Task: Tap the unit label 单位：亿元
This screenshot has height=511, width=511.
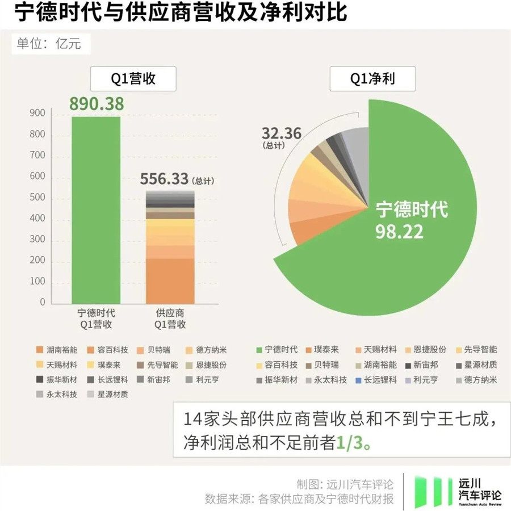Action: click(50, 44)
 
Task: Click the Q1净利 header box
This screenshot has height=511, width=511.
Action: click(372, 79)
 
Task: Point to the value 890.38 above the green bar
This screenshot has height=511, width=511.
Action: click(96, 104)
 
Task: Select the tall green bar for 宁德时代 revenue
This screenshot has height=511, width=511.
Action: click(96, 210)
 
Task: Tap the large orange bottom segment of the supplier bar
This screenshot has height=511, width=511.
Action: click(170, 281)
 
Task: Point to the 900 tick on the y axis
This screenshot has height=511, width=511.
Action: click(37, 114)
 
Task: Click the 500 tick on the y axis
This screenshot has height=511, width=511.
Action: click(37, 198)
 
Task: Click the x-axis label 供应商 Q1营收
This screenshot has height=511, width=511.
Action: click(170, 319)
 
